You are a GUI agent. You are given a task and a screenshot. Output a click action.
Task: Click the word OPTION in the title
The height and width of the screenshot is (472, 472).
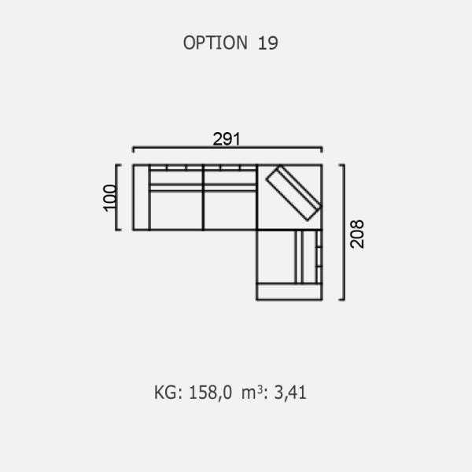(x=216, y=42)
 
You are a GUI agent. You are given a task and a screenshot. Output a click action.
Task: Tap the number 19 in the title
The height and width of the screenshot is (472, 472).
(x=267, y=43)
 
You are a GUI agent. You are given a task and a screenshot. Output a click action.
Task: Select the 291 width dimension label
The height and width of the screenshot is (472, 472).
(x=227, y=138)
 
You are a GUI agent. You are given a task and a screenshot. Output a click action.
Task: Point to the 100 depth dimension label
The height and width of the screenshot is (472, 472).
(x=109, y=197)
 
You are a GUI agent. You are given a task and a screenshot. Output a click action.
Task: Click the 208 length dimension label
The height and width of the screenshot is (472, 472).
(x=357, y=234)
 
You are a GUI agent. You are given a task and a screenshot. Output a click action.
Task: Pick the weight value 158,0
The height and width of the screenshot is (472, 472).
(x=210, y=393)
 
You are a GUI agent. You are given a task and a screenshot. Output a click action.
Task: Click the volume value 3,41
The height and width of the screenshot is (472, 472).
(x=290, y=393)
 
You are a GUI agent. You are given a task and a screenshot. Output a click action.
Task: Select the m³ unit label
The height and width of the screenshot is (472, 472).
(x=253, y=393)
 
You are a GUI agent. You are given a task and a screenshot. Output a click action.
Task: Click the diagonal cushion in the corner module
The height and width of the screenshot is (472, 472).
(x=293, y=193)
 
